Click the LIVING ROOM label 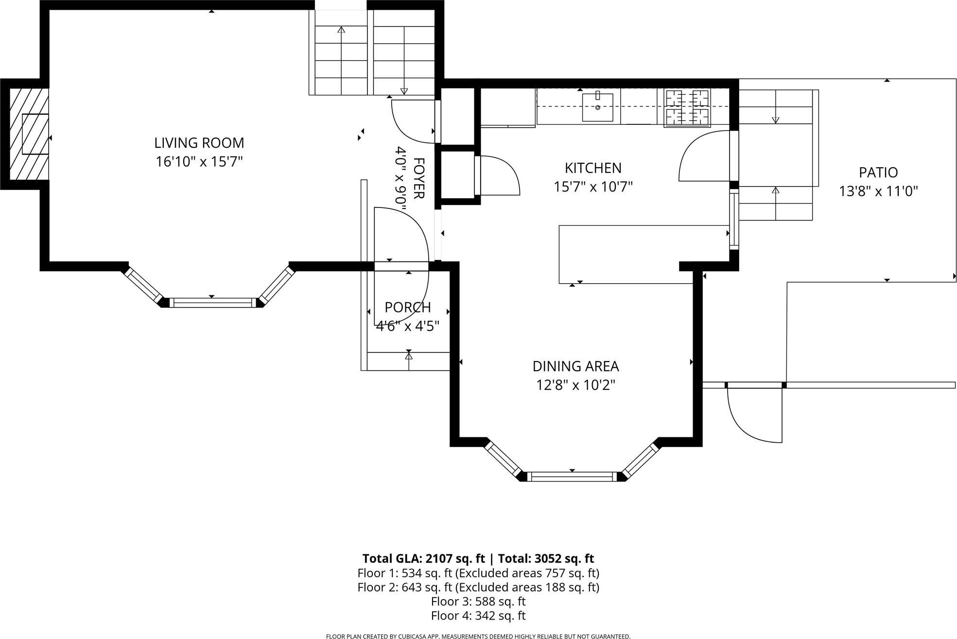click(x=199, y=143)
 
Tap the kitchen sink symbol click(x=597, y=107)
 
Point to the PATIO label click(x=878, y=173)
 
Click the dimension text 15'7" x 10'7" click(x=593, y=187)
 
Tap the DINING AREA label click(x=575, y=366)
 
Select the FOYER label click(x=418, y=178)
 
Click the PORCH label click(x=407, y=307)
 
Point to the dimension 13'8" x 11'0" click(x=878, y=191)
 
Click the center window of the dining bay click(x=572, y=477)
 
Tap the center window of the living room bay click(x=211, y=303)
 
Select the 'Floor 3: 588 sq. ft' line click(x=478, y=602)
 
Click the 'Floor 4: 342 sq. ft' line click(x=478, y=616)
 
